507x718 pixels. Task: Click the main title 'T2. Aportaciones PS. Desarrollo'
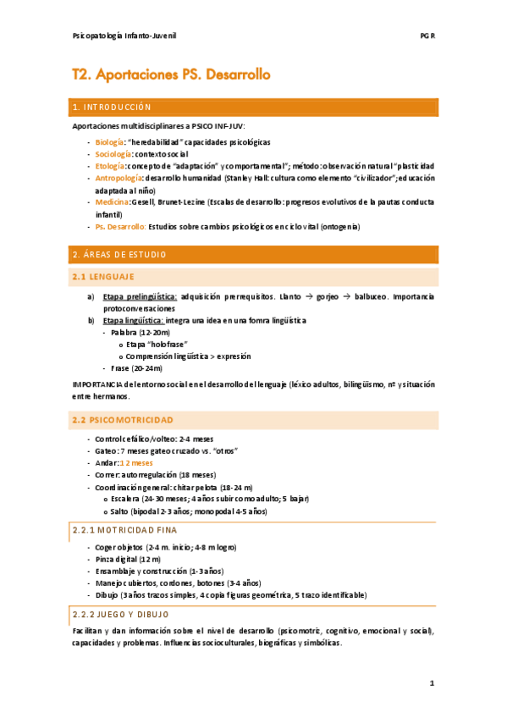[x=172, y=75]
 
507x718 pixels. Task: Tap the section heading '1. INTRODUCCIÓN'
[x=113, y=108]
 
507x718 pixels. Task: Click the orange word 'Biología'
[x=109, y=142]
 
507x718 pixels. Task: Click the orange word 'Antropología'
[x=118, y=179]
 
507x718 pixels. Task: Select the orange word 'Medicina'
[x=112, y=202]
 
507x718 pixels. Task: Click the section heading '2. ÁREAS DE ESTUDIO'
[x=120, y=255]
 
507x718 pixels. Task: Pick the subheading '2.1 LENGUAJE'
[x=103, y=277]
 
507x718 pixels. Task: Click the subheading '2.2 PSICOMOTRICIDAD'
[x=124, y=420]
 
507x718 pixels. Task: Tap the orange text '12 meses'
[x=136, y=463]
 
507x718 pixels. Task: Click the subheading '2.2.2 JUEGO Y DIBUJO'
[x=121, y=614]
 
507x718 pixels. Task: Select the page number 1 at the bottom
[x=432, y=682]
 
